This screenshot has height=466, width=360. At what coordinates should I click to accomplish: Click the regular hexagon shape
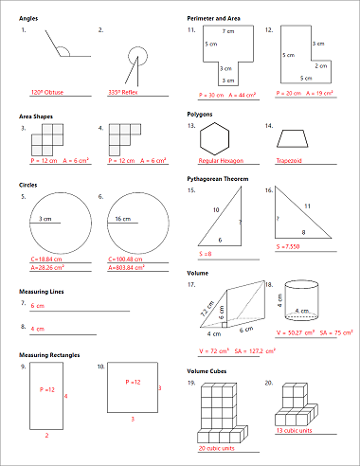220,138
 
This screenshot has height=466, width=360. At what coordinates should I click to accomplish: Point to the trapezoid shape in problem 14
296,139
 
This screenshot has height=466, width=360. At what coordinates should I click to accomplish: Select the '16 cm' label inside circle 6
122,219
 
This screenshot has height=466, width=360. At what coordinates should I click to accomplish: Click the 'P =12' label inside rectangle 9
47,390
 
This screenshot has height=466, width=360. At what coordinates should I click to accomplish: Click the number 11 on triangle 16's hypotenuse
306,206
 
